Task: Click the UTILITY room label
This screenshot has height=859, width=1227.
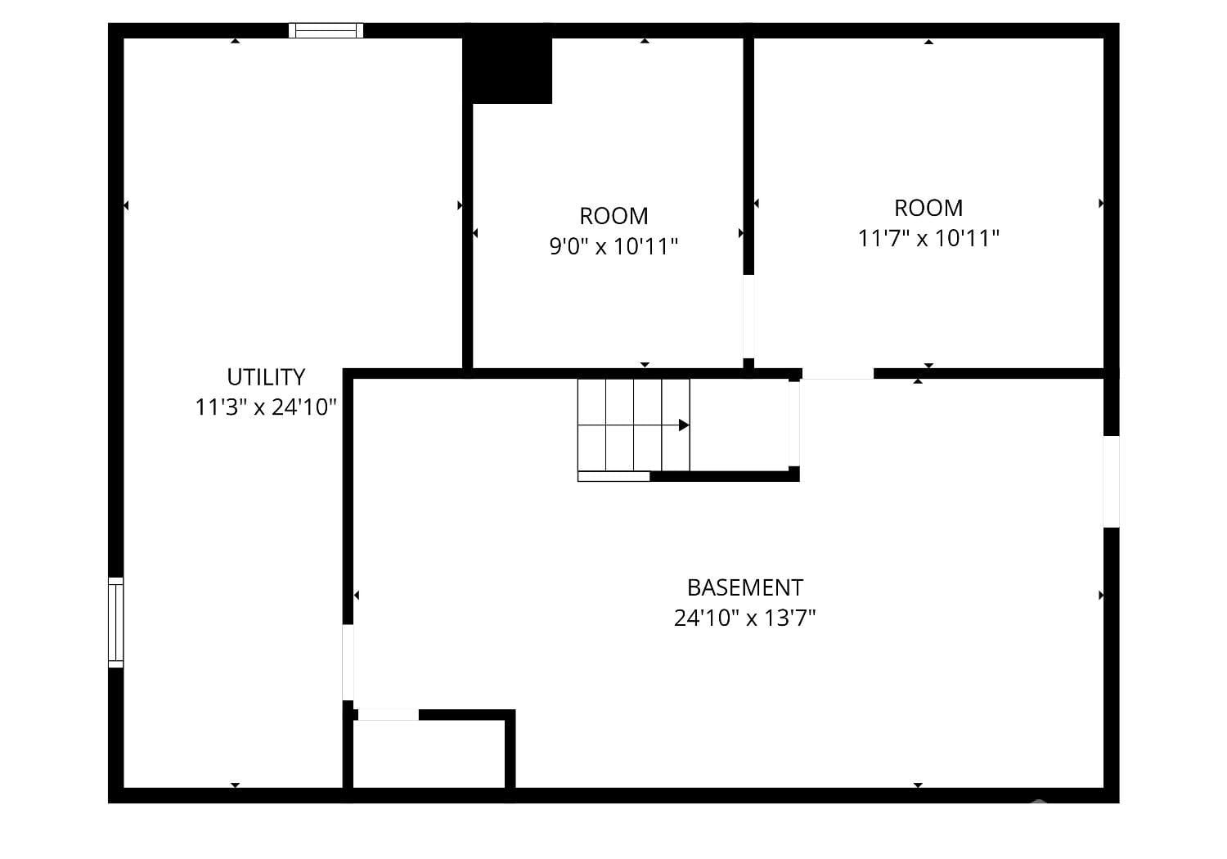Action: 266,377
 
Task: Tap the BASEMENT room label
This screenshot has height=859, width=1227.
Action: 744,587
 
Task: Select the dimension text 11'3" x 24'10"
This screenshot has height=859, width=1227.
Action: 266,407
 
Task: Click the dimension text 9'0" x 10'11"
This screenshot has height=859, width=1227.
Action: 613,245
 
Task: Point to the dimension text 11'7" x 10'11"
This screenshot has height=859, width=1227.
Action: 928,238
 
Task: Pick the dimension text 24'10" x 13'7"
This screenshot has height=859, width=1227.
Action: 744,618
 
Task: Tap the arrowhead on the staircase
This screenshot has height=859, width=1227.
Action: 683,425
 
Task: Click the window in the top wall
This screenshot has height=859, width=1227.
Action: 326,30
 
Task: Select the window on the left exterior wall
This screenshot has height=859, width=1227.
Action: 116,622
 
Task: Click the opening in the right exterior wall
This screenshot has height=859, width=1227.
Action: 1111,481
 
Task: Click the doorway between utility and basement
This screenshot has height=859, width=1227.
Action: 348,663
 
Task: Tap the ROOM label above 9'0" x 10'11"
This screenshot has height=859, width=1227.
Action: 613,216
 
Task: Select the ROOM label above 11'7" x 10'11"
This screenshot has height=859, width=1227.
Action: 928,208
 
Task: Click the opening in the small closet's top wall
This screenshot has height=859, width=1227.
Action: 389,714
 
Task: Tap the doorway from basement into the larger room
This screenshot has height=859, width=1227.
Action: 838,374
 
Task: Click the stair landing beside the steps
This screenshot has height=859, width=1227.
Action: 739,425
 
